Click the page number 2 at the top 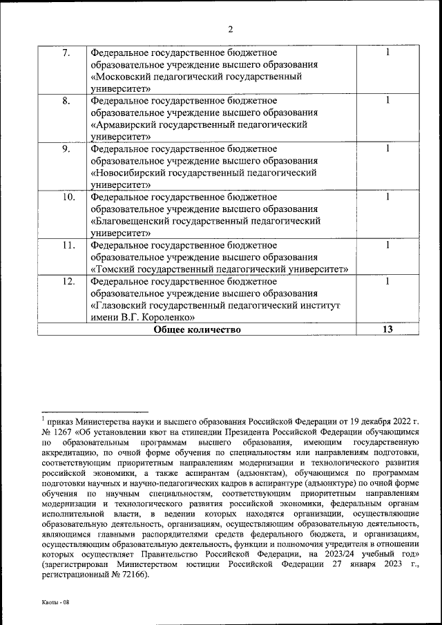231,29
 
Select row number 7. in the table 66,53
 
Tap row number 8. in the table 66,101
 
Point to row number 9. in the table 66,148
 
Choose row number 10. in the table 68,197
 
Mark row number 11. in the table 68,244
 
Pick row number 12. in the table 68,281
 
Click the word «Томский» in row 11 115,269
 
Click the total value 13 387,329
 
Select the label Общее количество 197,329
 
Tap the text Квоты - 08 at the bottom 55,603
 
